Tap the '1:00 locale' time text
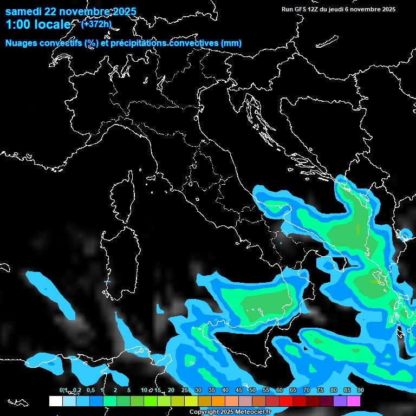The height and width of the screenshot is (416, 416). pos(38,25)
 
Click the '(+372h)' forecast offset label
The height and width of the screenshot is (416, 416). pos(96,24)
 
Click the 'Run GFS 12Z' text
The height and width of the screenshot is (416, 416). pos(300,9)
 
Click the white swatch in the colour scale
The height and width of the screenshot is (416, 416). pos(55,401)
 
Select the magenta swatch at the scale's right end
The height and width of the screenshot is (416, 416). pos(354,401)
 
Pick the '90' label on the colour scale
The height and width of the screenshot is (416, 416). pos(360,390)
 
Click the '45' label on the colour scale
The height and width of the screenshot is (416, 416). pos(239,390)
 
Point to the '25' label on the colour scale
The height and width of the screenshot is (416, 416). pos(185,390)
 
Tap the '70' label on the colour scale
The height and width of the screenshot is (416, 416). pos(307,390)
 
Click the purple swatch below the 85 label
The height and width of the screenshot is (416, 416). pos(340,401)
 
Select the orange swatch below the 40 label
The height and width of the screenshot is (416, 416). pos(218,401)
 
